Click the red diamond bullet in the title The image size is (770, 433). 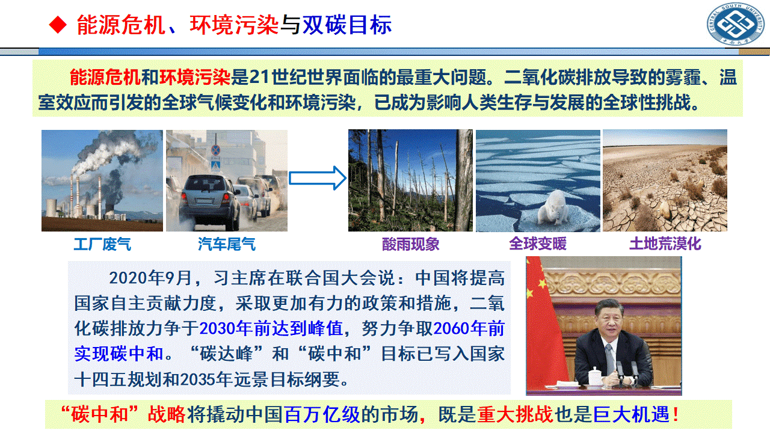pyautogui.click(x=57, y=25)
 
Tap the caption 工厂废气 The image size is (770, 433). pyautogui.click(x=102, y=244)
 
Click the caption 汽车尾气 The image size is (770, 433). pyautogui.click(x=226, y=244)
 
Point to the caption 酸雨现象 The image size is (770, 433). pyautogui.click(x=411, y=244)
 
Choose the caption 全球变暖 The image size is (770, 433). pyautogui.click(x=538, y=244)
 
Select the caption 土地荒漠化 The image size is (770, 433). pyautogui.click(x=665, y=244)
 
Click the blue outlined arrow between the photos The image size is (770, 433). pyautogui.click(x=318, y=179)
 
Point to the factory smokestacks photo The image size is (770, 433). pyautogui.click(x=102, y=180)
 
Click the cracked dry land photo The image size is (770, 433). pyautogui.click(x=665, y=180)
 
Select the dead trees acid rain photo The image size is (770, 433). pyautogui.click(x=411, y=180)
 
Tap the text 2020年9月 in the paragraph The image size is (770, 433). pyautogui.click(x=150, y=278)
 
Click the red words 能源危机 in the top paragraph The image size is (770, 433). pyautogui.click(x=105, y=77)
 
